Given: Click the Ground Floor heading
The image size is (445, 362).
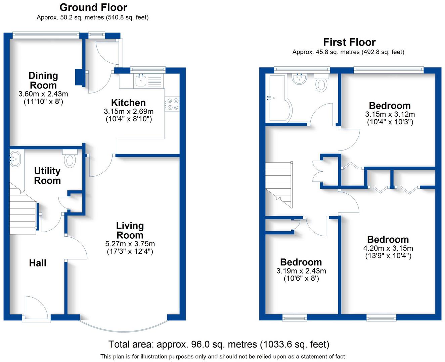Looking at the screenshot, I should [x=93, y=7].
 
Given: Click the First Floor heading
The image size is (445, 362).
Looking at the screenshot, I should [x=349, y=42].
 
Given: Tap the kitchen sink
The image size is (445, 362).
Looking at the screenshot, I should [x=140, y=80].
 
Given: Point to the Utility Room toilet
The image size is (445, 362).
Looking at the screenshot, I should [x=70, y=159].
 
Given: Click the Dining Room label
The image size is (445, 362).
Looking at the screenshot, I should [x=43, y=80].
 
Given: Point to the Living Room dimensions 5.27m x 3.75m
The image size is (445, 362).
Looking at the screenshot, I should [x=130, y=244].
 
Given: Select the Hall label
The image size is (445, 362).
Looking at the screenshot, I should [x=38, y=263].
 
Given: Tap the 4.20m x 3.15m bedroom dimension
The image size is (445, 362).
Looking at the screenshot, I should [x=388, y=248].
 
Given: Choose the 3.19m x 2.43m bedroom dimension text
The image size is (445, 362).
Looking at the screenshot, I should [x=301, y=271].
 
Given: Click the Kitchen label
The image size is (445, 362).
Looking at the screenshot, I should [x=128, y=103].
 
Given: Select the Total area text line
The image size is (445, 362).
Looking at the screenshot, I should [x=219, y=344].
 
